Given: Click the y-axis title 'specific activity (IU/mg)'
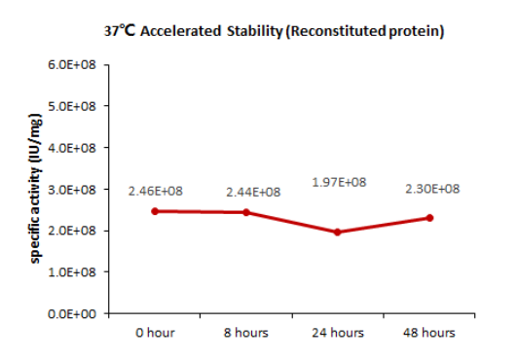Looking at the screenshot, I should [35, 190].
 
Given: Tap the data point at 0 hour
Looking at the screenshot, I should [155, 211].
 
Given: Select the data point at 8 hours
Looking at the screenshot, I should [246, 212].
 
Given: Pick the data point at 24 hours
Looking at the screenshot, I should [338, 232].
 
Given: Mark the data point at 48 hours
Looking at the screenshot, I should [429, 218].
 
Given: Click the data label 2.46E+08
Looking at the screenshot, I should [155, 192].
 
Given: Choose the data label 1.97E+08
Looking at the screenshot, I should [339, 182].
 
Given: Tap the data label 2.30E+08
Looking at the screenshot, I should [432, 189].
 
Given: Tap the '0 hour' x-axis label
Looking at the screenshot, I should [155, 333].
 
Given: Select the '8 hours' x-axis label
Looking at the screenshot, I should [246, 333].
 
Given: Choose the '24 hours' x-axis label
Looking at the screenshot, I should [338, 333].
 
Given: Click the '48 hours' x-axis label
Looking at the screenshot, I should [429, 333].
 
